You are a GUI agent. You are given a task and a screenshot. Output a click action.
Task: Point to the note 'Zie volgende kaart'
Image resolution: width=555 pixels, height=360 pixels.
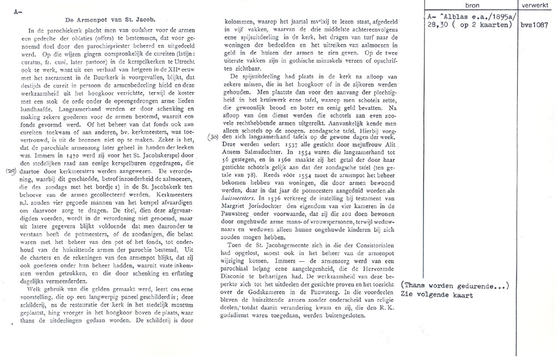437,295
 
